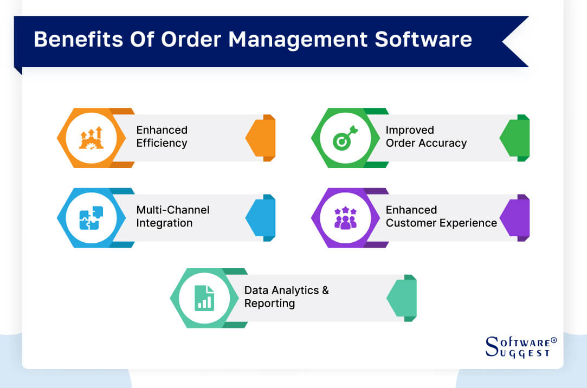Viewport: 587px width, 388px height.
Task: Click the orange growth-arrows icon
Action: tap(91, 138)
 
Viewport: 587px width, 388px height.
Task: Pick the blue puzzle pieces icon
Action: tap(91, 218)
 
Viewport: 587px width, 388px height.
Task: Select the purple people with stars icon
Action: tap(345, 218)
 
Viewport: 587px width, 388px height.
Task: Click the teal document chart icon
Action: tap(204, 298)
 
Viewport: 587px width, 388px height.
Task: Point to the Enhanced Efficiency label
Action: tap(162, 137)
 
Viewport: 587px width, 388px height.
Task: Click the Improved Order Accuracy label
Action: tap(425, 137)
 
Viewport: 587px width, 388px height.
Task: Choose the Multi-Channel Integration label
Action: tap(172, 216)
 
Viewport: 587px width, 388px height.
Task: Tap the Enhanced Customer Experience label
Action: tap(441, 216)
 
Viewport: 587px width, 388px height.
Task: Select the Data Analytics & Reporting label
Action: tap(286, 296)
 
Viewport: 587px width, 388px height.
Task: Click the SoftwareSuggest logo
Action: tap(520, 347)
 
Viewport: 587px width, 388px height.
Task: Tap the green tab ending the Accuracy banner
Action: tap(515, 138)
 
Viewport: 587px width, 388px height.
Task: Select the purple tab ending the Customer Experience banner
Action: tap(515, 218)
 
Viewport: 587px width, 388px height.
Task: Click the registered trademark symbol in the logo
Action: tap(553, 340)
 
